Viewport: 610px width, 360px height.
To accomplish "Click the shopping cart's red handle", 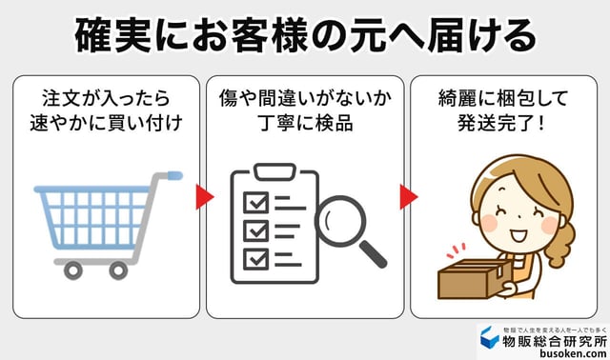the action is [172, 175].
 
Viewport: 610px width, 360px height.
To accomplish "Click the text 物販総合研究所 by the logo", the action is [556, 337].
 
